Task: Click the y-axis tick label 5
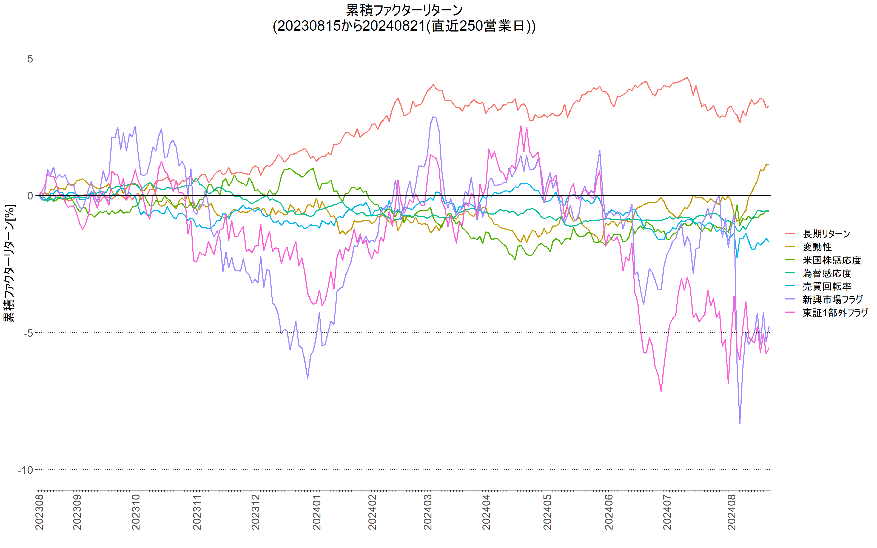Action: point(30,58)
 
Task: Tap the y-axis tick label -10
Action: point(25,470)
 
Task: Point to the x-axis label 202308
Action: point(39,512)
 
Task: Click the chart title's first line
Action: point(404,10)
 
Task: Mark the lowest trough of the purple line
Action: point(740,423)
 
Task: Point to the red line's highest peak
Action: point(687,78)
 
